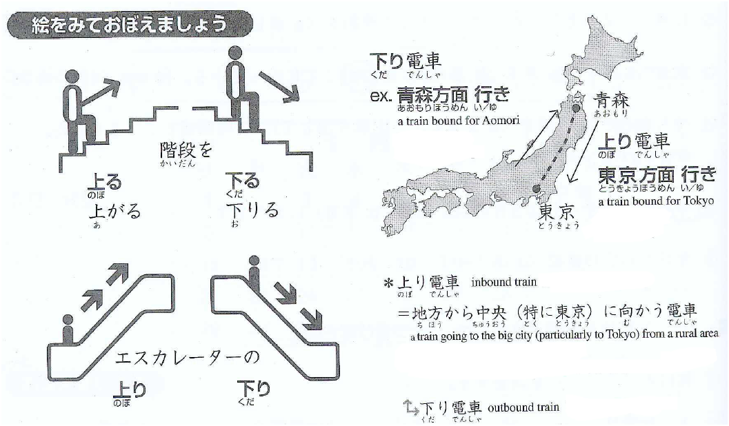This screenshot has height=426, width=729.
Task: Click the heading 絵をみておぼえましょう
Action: click(x=129, y=24)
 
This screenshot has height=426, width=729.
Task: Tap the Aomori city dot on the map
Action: click(x=577, y=108)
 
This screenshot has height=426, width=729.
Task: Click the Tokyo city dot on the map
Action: click(x=537, y=189)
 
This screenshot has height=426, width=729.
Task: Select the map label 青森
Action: click(x=611, y=101)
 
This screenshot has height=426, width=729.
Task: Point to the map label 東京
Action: click(x=557, y=213)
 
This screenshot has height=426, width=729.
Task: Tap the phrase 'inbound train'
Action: click(x=503, y=282)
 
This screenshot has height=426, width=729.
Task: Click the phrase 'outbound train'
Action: click(x=523, y=407)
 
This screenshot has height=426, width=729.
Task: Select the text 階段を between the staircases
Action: click(x=186, y=150)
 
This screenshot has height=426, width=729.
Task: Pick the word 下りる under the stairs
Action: click(x=252, y=210)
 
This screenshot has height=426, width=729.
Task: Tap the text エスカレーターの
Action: click(x=186, y=358)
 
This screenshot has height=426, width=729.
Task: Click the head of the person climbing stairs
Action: click(x=72, y=77)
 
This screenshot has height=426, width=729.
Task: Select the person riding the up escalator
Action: click(x=68, y=329)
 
